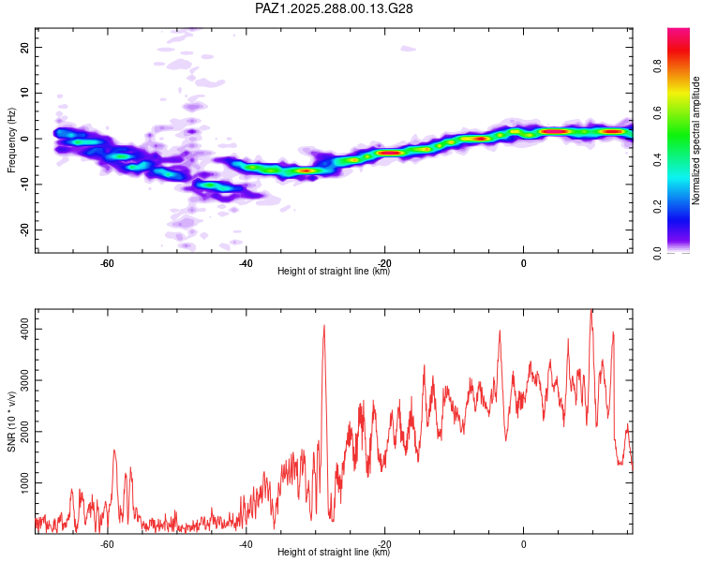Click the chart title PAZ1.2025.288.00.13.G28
point(335,8)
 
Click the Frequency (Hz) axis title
point(12,140)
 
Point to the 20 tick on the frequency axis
point(25,47)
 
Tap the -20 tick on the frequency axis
point(23,230)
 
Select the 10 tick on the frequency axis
point(25,93)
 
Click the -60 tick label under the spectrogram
point(107,262)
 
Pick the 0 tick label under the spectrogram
point(523,262)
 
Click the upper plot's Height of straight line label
point(334,272)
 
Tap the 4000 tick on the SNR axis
point(21,329)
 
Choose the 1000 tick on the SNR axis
point(21,481)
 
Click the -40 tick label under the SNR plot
point(246,543)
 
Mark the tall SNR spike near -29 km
point(323,327)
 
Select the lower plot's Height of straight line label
point(334,553)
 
